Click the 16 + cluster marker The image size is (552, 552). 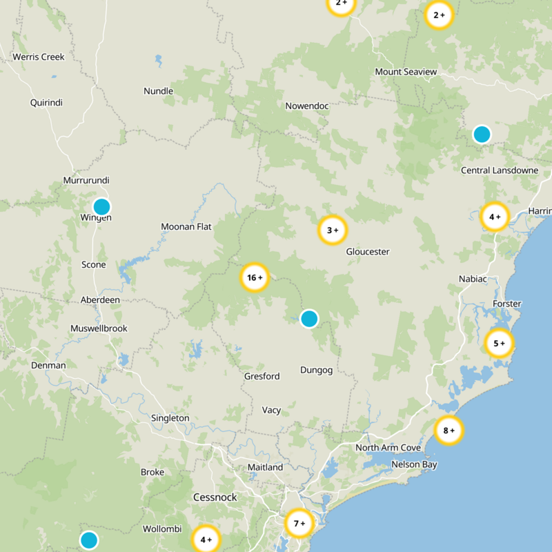click(x=254, y=278)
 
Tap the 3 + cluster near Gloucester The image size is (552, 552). click(x=332, y=230)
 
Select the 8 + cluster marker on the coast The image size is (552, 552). click(x=448, y=431)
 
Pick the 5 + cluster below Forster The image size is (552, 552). click(x=498, y=343)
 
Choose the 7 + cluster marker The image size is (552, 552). click(x=299, y=524)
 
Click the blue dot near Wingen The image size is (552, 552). click(x=101, y=206)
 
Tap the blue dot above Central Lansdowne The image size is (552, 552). click(x=482, y=134)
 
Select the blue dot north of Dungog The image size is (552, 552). click(x=309, y=319)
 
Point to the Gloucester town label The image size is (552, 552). click(x=368, y=252)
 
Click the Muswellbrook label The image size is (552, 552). click(x=99, y=328)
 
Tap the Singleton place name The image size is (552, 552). click(x=170, y=418)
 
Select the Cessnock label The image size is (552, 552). click(x=215, y=497)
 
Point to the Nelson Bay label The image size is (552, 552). click(x=414, y=464)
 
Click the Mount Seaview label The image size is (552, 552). click(x=406, y=72)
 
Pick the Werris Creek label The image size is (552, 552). click(x=39, y=57)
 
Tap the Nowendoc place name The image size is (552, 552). click(x=307, y=106)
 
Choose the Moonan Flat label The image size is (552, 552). click(x=186, y=226)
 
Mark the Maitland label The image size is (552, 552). click(x=265, y=467)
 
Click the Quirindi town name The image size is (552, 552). click(x=46, y=103)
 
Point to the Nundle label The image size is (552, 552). click(x=158, y=91)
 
